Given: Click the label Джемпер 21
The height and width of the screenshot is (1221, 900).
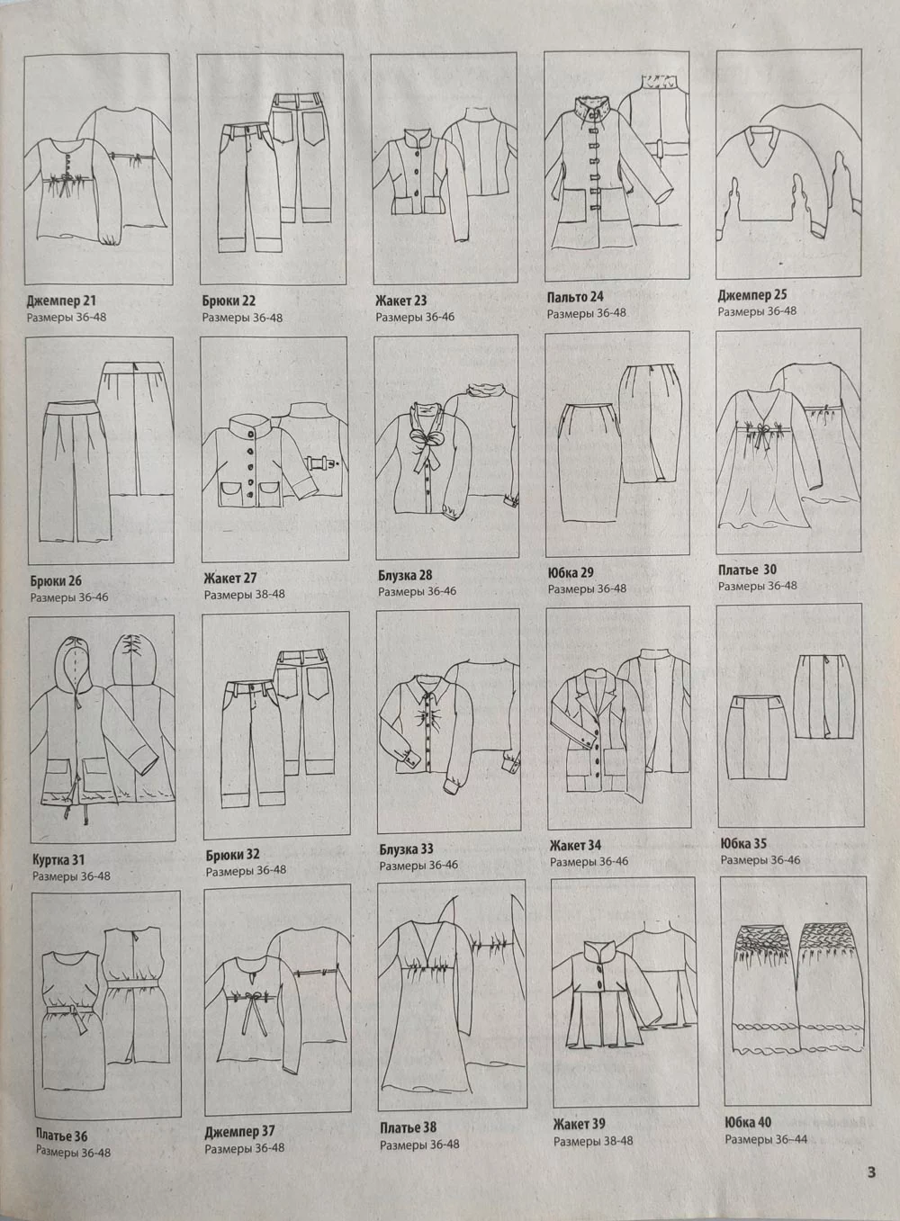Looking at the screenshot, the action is coord(61,301).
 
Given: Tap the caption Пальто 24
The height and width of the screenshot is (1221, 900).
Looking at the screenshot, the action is coord(575,297).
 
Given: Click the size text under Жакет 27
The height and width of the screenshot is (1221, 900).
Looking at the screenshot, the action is coord(244,594).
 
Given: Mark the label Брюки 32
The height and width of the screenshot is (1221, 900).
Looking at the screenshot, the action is coord(232,854).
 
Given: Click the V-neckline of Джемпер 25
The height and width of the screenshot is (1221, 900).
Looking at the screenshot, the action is coord(763,146).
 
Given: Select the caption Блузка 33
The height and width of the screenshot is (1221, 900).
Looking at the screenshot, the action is coord(406,848).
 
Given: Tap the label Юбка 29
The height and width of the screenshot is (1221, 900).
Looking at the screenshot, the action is coord(571,573).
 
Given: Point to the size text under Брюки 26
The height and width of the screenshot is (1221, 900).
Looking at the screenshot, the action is coord(69,597).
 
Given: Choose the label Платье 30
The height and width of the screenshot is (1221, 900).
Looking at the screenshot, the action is coord(747,570).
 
